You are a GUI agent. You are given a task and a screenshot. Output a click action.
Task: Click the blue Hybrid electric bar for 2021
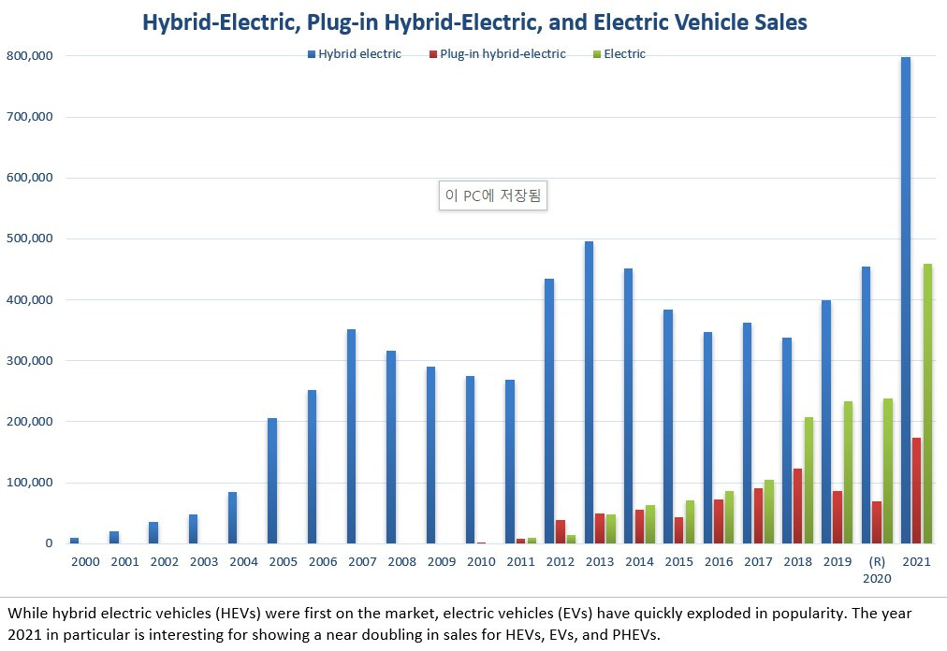[x=905, y=299]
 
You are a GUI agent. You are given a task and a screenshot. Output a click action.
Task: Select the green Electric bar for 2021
[x=926, y=403]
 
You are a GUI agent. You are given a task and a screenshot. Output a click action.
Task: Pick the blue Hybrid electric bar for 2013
[x=589, y=392]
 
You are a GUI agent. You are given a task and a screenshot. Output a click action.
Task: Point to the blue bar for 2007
[x=351, y=436]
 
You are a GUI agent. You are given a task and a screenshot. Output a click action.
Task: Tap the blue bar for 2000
[x=74, y=540]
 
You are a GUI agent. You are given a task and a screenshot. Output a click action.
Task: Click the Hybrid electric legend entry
[x=355, y=54]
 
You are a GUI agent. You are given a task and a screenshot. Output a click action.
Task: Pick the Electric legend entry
[x=619, y=54]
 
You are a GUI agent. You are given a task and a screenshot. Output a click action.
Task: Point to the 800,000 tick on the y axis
[x=30, y=56]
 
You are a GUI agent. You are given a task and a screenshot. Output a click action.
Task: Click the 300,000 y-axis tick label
[x=30, y=361]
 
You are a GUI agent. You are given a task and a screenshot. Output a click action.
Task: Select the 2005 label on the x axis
[x=283, y=562]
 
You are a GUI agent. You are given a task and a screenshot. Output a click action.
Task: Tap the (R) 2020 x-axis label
[x=877, y=570]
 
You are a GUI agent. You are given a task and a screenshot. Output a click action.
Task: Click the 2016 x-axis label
[x=719, y=562]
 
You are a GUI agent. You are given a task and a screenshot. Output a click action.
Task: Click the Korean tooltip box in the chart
[x=493, y=196]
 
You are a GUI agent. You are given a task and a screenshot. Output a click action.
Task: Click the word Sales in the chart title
[x=773, y=22]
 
